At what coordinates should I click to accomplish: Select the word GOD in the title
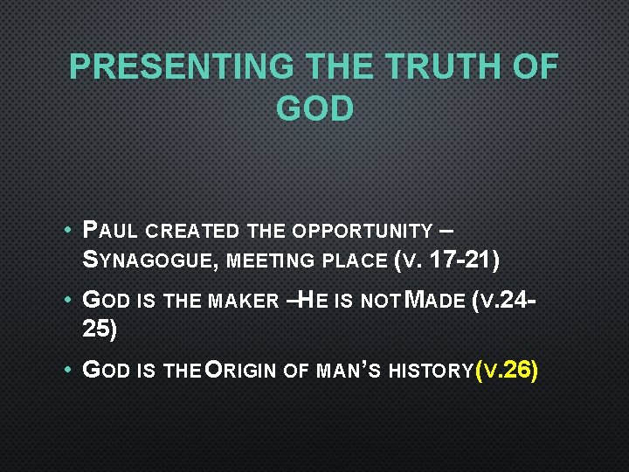(x=314, y=108)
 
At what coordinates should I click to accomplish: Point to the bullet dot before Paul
(x=67, y=233)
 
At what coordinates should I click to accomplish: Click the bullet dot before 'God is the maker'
(x=67, y=302)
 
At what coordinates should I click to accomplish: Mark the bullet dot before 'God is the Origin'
(x=67, y=371)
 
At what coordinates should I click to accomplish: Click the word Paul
(x=110, y=232)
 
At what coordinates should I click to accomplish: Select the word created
(x=192, y=232)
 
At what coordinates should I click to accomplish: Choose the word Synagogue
(x=149, y=260)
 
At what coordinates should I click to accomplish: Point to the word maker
(x=244, y=302)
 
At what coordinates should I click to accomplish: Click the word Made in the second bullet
(x=438, y=302)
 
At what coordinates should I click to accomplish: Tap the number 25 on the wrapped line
(x=98, y=329)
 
